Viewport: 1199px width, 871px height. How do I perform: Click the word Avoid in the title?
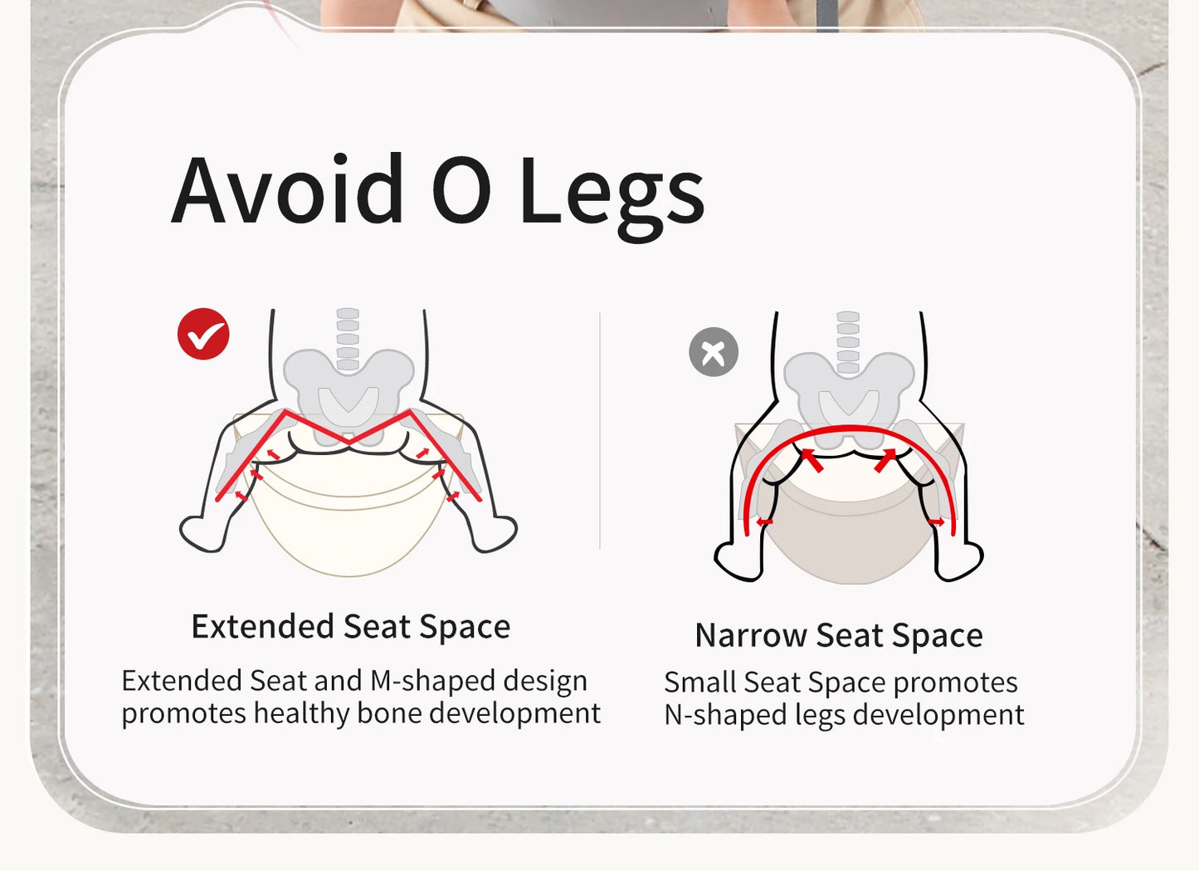pos(287,188)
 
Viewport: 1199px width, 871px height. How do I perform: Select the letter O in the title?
pos(461,189)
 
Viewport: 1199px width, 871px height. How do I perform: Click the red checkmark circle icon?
pos(203,334)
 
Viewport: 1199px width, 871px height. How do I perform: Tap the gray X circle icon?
pos(714,352)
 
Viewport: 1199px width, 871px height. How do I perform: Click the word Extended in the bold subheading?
pos(262,626)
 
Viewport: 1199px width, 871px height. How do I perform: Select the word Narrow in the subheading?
pos(752,635)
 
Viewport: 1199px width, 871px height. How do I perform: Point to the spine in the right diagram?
pos(848,342)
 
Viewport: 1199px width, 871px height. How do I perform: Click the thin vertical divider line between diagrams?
pos(599,431)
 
